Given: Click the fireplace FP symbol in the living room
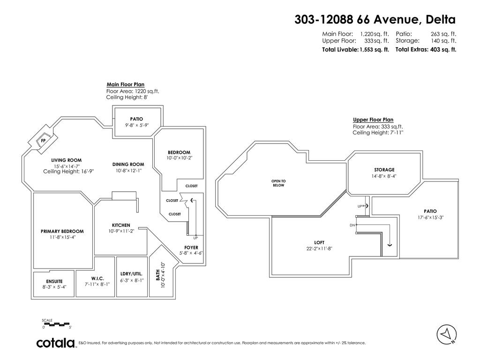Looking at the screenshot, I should point(43,140).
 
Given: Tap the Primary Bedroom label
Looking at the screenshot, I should point(62,231).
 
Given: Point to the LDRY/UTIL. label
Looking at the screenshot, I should point(131,273).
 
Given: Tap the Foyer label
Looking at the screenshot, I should point(191,247).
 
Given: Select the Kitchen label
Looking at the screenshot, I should point(121,225).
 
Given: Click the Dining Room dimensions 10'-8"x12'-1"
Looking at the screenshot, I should point(128,171).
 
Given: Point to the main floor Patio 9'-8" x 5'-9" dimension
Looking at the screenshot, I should point(136,125).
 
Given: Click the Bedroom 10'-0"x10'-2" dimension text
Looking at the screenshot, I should point(179,158).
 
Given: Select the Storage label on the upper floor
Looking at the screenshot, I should point(384,170).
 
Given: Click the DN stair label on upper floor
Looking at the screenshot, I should point(352,225).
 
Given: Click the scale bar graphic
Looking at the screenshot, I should point(56,324).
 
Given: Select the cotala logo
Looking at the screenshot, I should point(56,343).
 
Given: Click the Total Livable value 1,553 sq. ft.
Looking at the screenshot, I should point(374,49).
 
